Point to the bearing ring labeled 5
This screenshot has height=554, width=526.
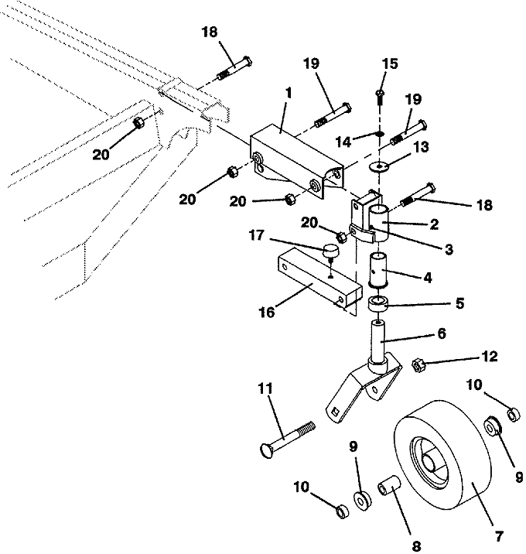(379, 304)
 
